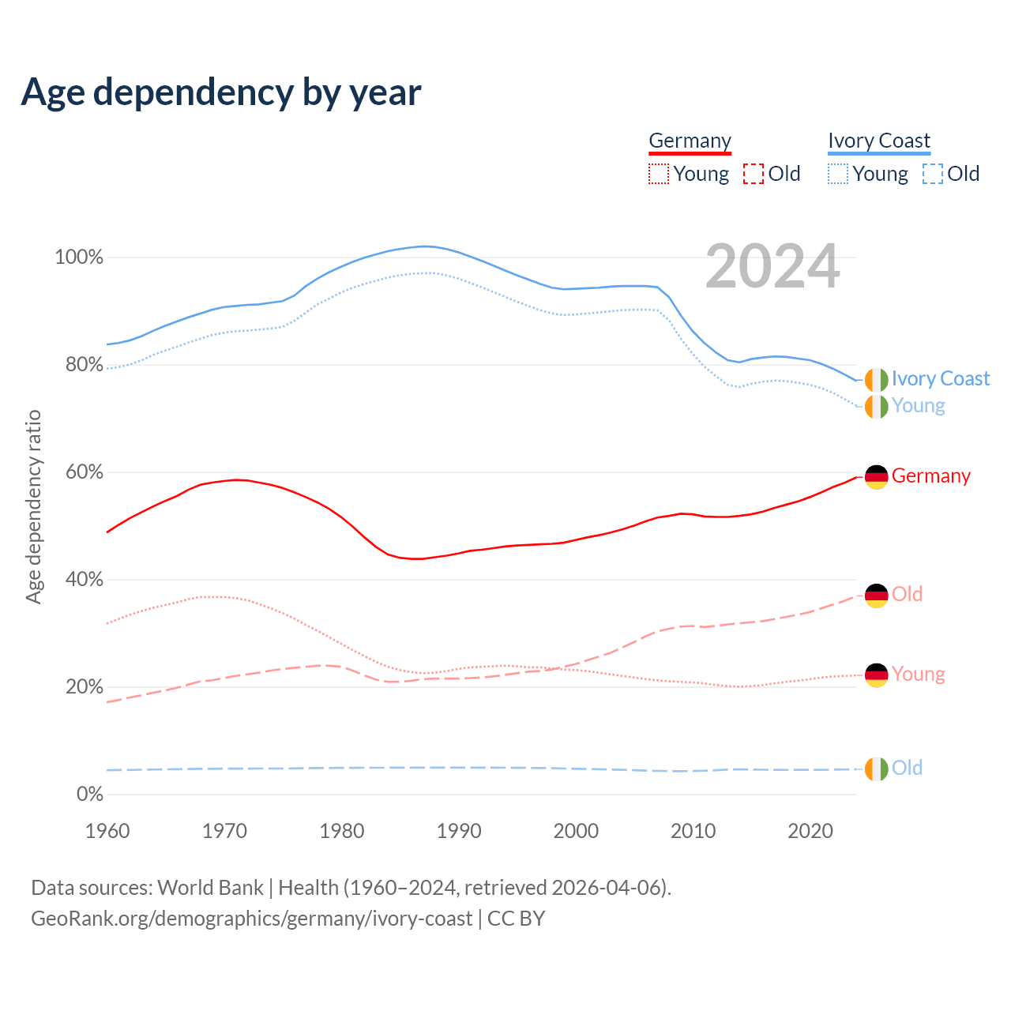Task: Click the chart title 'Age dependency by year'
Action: (221, 92)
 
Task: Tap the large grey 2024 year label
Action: (772, 267)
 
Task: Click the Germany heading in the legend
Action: (690, 141)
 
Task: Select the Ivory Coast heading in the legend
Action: (879, 141)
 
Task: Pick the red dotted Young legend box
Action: (658, 174)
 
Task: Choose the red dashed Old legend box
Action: (754, 174)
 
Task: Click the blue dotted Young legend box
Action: (838, 174)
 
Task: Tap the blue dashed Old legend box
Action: (933, 174)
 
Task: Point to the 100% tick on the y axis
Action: (79, 257)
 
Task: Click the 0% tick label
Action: (89, 794)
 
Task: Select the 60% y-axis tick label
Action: (84, 472)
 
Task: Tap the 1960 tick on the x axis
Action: (107, 831)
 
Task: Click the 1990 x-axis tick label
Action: (459, 831)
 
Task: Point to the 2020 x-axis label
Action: (810, 831)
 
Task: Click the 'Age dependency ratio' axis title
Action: (33, 506)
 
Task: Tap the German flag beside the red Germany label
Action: (877, 477)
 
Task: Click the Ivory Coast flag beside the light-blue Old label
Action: (877, 769)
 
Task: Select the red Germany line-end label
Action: (931, 476)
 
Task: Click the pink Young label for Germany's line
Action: (919, 675)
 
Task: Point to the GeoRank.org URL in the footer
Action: (252, 919)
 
